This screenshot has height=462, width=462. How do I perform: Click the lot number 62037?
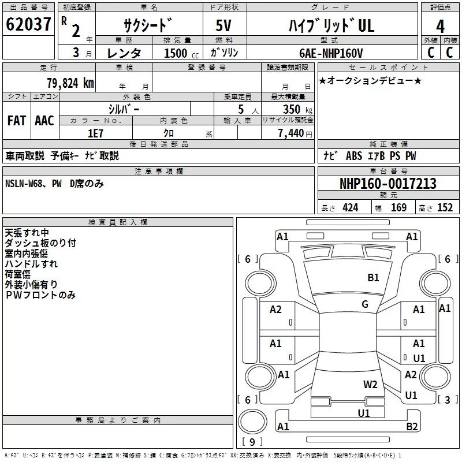pos(28,25)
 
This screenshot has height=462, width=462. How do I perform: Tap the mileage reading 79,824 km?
pos(70,83)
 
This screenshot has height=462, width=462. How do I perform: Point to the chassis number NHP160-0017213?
pos(388,184)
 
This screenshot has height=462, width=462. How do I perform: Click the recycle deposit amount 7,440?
pos(295,133)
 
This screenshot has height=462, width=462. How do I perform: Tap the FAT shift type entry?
pos(16,121)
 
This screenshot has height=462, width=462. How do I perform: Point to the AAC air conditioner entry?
pos(44,121)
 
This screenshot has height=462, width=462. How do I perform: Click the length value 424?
pos(350,207)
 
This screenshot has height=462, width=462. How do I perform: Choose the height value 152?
pos(445,207)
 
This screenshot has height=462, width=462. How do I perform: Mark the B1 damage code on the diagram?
pos(374,278)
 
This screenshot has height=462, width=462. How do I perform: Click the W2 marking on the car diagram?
pos(370,385)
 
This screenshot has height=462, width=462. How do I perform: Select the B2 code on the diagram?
pos(412,427)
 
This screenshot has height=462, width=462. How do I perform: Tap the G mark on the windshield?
pos(365,304)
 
